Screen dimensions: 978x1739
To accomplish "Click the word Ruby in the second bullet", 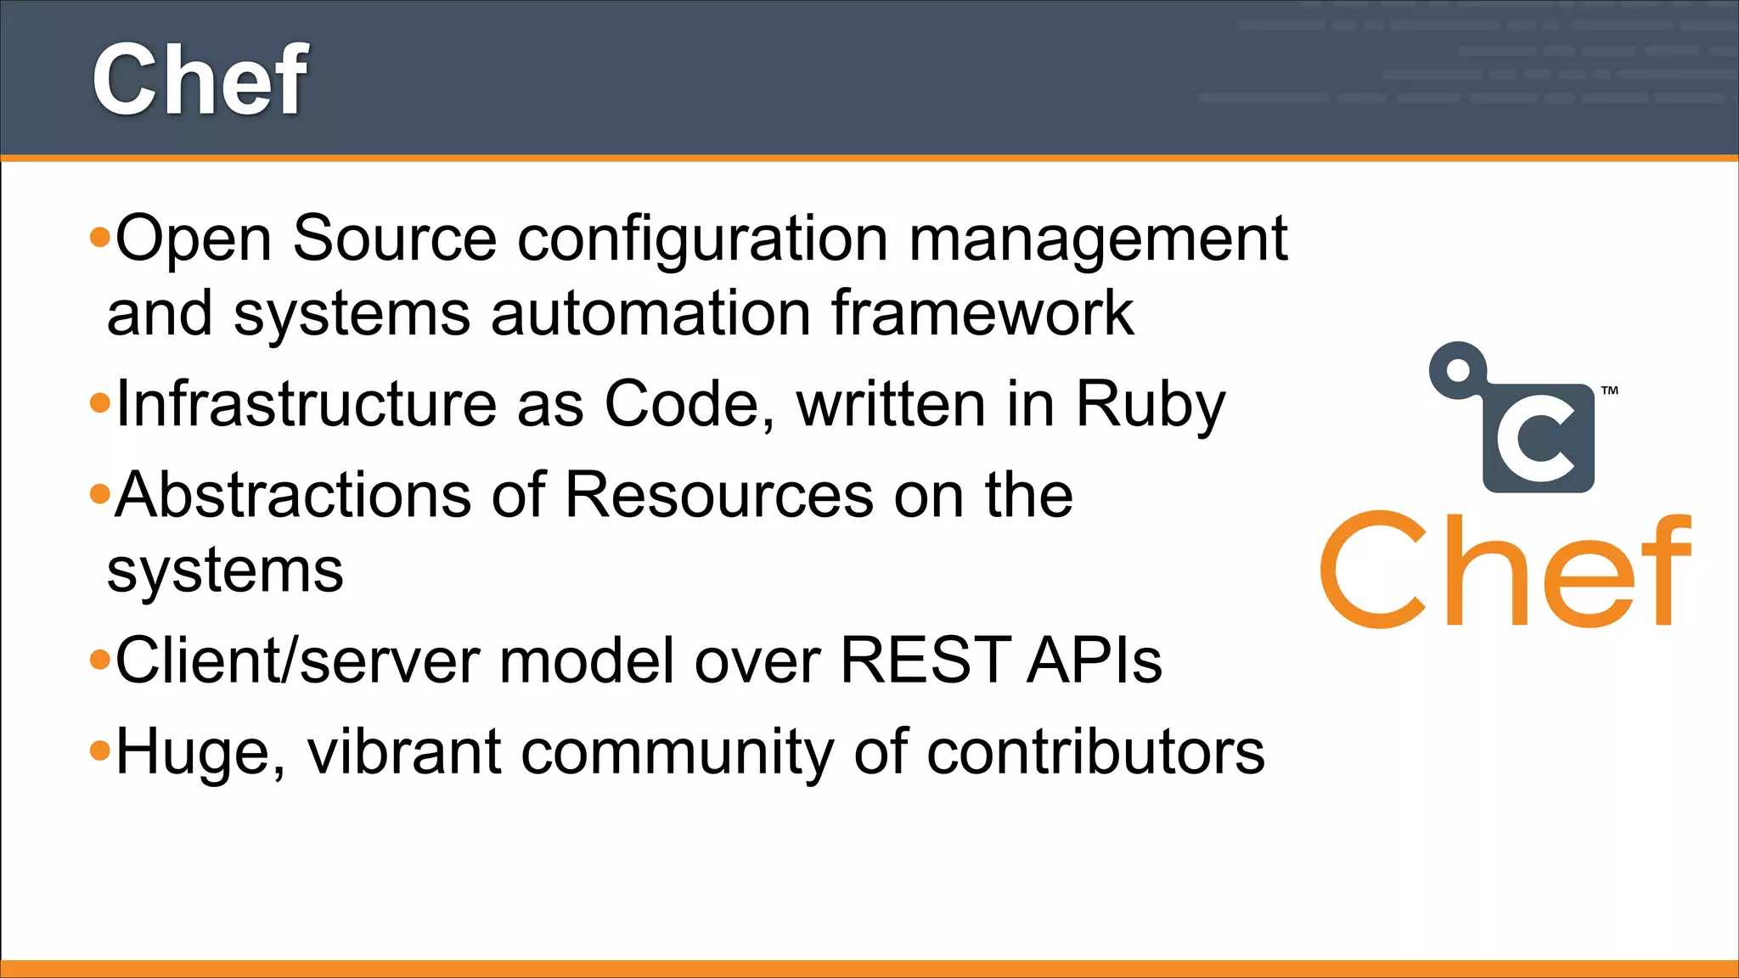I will (x=1151, y=404).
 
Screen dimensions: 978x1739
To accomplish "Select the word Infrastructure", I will (x=307, y=403).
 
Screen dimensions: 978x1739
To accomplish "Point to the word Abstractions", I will (x=293, y=495).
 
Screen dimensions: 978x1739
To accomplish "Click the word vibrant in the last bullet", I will (x=404, y=752).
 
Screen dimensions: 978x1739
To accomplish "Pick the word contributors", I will (x=1095, y=752).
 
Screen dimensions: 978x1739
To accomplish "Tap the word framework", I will (x=982, y=313).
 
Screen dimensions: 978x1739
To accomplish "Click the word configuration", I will (x=703, y=239).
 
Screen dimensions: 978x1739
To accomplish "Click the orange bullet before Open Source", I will (x=100, y=238).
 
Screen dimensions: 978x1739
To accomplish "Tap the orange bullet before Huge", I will (x=100, y=750).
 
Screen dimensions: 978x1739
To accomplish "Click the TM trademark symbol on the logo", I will (x=1610, y=391).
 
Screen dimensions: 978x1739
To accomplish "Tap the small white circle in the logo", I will (x=1458, y=370).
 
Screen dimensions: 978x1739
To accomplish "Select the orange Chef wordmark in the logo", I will (x=1505, y=570).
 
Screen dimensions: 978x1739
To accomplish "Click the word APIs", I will (x=1094, y=660).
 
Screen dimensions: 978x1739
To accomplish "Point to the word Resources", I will (x=719, y=495).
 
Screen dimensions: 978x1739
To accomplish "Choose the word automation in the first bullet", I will (x=650, y=313).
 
